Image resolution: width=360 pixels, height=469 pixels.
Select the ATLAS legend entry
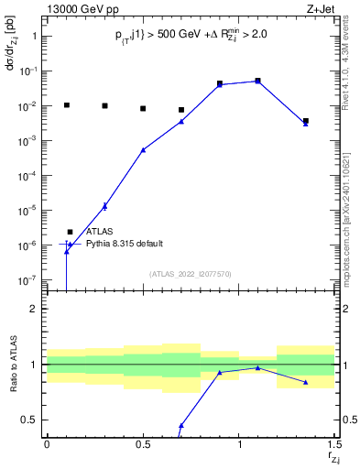(99, 232)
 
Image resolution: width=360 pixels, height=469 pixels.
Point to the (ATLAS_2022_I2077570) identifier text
(191, 273)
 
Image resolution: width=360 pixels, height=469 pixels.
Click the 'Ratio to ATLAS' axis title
(14, 365)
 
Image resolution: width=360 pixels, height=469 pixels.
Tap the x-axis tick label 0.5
(143, 444)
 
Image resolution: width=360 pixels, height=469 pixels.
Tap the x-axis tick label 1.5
(334, 444)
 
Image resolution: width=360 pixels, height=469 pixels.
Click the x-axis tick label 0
(47, 444)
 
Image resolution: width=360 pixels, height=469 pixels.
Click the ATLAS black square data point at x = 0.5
(143, 109)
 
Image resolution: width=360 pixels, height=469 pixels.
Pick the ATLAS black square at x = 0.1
(66, 105)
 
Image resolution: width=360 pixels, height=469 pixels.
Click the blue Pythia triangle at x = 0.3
(104, 206)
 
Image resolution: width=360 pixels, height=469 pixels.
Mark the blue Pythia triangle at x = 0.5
(143, 149)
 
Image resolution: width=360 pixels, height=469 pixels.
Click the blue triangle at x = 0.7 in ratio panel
(181, 425)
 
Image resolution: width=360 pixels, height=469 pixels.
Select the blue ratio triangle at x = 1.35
(306, 382)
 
